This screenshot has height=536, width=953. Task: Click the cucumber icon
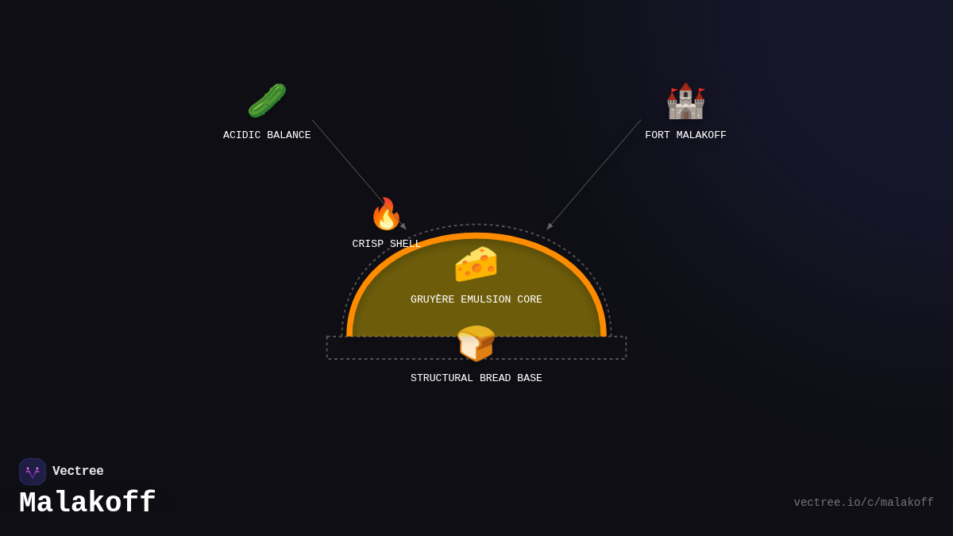click(267, 101)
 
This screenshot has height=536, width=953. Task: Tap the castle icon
click(685, 101)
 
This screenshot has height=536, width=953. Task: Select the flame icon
click(386, 214)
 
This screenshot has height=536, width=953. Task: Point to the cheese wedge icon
click(476, 264)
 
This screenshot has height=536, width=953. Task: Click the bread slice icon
click(476, 343)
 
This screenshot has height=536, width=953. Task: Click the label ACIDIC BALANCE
click(267, 136)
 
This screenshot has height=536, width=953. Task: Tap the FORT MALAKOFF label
click(685, 136)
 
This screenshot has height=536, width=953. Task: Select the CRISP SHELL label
click(386, 245)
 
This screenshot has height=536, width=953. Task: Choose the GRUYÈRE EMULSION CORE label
click(476, 300)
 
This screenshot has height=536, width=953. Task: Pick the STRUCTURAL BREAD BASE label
click(476, 379)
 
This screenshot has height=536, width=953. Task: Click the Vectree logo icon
click(33, 472)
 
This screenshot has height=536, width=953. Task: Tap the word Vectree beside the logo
click(78, 472)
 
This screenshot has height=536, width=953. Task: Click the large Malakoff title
click(87, 503)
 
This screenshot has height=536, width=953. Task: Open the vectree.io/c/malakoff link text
click(863, 503)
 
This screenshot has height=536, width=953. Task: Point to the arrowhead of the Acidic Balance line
click(404, 227)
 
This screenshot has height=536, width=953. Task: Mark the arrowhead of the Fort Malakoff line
click(549, 227)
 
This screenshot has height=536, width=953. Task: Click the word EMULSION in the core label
click(486, 300)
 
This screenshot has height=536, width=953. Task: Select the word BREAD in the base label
click(495, 379)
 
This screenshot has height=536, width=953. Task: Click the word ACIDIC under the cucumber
click(241, 136)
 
